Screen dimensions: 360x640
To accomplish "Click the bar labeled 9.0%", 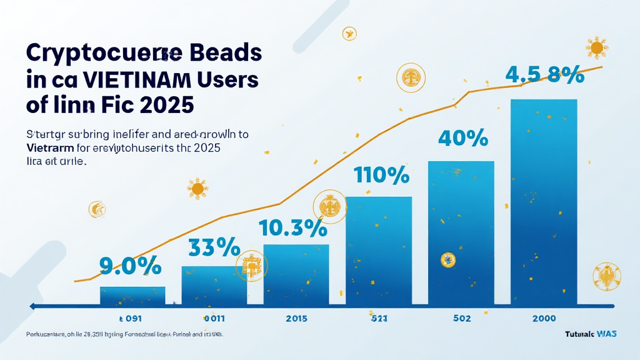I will [x=132, y=295].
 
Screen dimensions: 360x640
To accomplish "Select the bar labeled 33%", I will [x=214, y=285].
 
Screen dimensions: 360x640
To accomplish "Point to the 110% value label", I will [x=381, y=175].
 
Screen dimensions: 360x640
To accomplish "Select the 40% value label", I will [x=462, y=138].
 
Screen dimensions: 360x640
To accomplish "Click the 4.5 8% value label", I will [x=544, y=76].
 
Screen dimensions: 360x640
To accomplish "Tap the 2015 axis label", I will [x=296, y=318].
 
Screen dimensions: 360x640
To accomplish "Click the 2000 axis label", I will [x=544, y=318].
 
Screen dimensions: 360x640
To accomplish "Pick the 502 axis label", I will [x=462, y=318].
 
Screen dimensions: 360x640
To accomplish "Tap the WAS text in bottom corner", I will [x=606, y=334].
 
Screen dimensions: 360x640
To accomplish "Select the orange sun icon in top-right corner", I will [x=596, y=47].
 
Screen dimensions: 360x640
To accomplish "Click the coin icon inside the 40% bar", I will [x=447, y=259].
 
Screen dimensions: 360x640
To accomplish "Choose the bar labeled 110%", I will [x=379, y=250].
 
